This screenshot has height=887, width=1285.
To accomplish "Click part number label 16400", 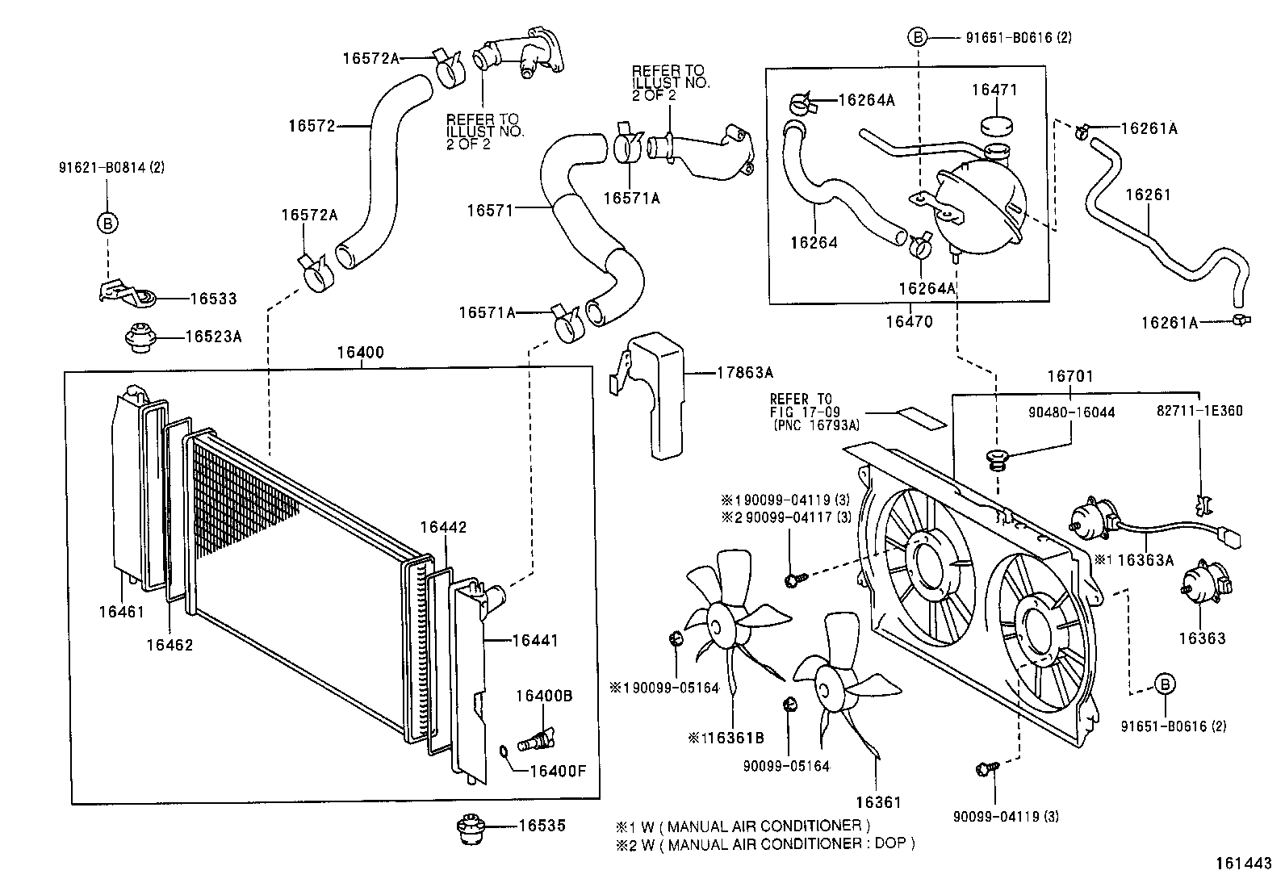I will pyautogui.click(x=360, y=353).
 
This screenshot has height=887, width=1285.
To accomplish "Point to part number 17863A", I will pyautogui.click(x=745, y=372).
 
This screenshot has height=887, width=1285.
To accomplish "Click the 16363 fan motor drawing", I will pyautogui.click(x=1205, y=586).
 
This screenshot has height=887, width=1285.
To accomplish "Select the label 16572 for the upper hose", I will pyautogui.click(x=312, y=126).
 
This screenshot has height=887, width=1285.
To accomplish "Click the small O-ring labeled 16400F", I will pyautogui.click(x=504, y=753).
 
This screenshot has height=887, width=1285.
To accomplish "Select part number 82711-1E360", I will pyautogui.click(x=1199, y=411).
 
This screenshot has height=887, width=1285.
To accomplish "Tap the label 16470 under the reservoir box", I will pyautogui.click(x=909, y=321).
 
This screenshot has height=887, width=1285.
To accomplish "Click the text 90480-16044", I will pyautogui.click(x=1071, y=412).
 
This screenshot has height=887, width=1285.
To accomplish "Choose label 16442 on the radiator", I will pyautogui.click(x=443, y=527).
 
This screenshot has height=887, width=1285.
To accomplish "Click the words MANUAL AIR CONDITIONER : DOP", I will pyautogui.click(x=792, y=843).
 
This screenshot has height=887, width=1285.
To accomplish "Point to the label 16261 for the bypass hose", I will pyautogui.click(x=1147, y=195).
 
